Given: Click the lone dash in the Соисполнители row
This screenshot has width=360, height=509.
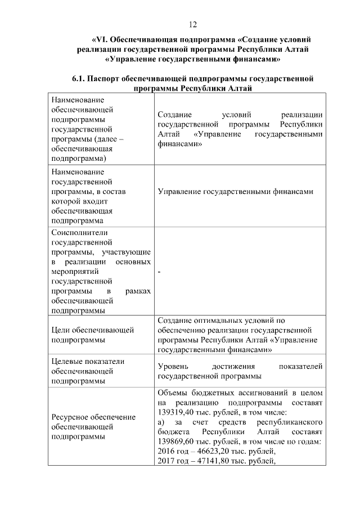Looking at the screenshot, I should coord(160,272).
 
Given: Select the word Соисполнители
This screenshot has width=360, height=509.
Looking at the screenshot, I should coord(75,232).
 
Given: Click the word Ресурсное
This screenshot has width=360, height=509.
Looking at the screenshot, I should coord(70,417).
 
